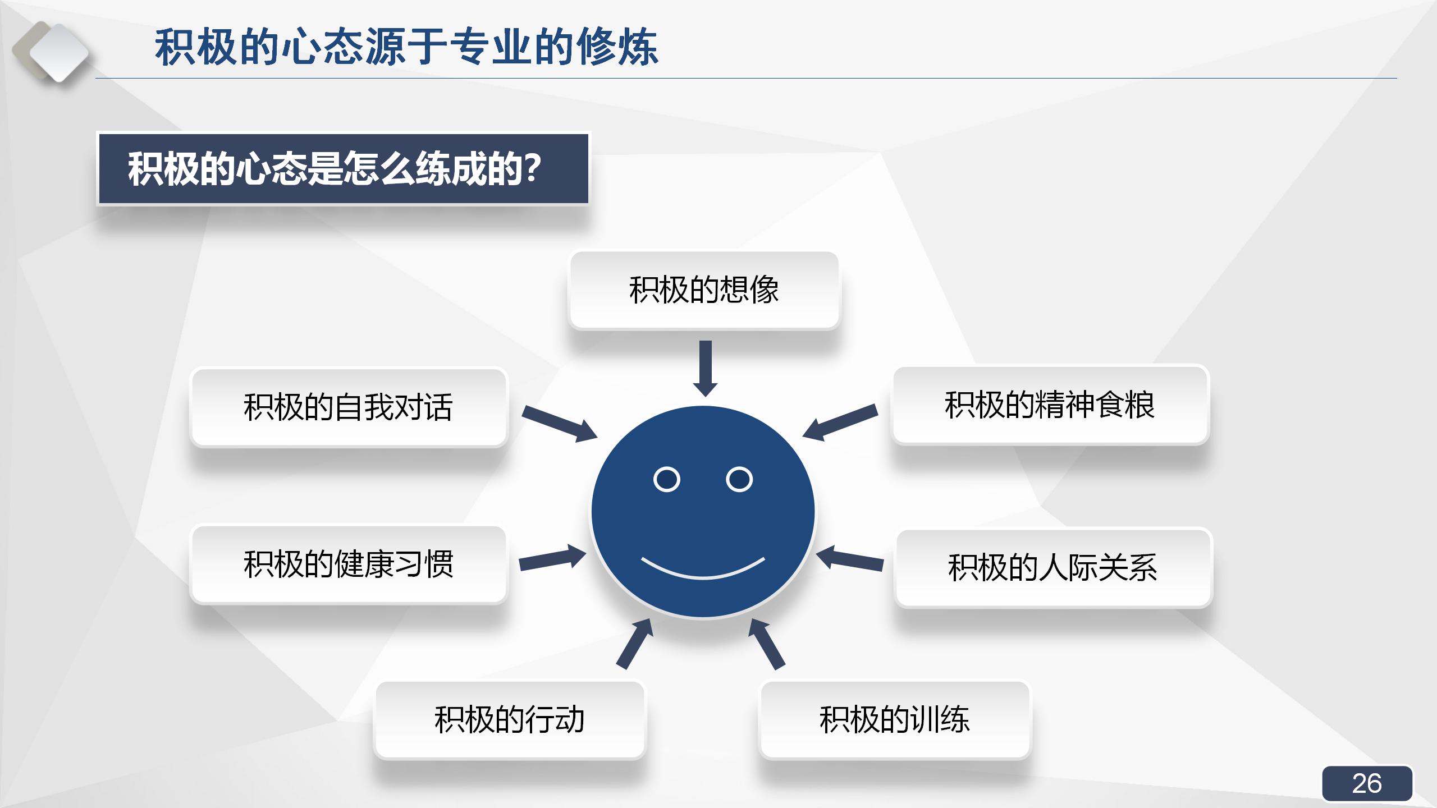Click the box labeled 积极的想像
click(x=704, y=290)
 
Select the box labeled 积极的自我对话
click(x=349, y=407)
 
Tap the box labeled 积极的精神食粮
click(x=1050, y=405)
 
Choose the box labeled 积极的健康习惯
click(x=349, y=564)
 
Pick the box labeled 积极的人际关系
click(x=1053, y=567)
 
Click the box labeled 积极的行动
click(x=510, y=720)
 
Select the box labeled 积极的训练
click(x=895, y=720)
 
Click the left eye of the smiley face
click(x=667, y=479)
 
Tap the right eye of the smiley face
click(x=739, y=479)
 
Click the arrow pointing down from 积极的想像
click(x=706, y=368)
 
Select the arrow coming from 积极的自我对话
click(x=559, y=424)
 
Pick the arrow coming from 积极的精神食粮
click(x=840, y=421)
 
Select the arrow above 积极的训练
click(x=767, y=644)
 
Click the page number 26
click(x=1367, y=783)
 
